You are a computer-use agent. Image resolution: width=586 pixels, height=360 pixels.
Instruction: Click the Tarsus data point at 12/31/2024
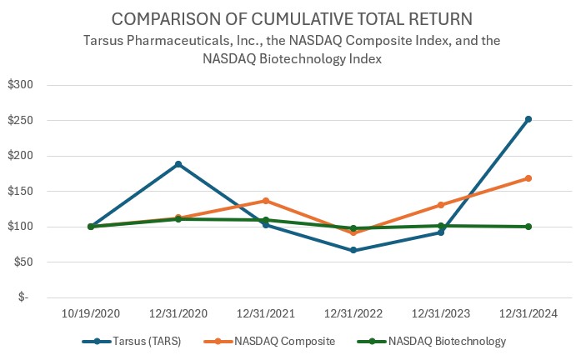[x=528, y=119]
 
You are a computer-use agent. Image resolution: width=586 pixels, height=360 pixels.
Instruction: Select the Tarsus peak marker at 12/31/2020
[x=178, y=164]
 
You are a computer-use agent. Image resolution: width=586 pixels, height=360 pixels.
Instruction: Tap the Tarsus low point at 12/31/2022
[x=353, y=250]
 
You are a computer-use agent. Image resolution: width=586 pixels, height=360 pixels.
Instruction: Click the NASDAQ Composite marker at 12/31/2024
[x=528, y=178]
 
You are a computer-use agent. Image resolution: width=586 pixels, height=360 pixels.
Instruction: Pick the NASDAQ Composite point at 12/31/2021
[x=266, y=201]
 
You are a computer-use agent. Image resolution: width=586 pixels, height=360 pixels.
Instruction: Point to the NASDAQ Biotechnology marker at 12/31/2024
[x=528, y=227]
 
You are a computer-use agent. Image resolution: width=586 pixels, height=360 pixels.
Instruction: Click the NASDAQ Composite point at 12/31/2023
[x=441, y=205]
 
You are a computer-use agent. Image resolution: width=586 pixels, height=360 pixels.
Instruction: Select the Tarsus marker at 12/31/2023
[x=441, y=232]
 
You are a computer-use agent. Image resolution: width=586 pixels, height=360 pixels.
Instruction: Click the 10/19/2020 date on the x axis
[x=91, y=313]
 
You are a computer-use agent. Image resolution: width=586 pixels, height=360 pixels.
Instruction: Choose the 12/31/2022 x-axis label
[x=353, y=313]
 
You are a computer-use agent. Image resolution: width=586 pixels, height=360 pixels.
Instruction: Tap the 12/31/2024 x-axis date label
[x=528, y=313]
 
